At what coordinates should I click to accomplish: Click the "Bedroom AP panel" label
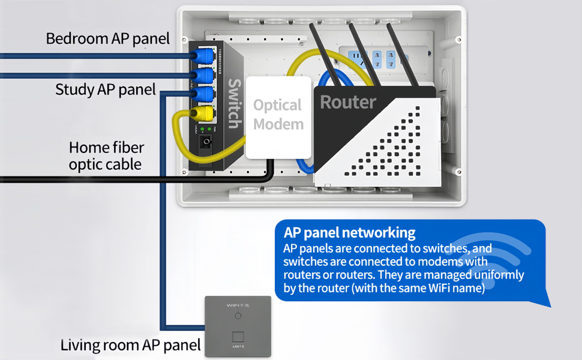[x=108, y=39]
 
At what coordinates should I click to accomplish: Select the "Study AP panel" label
[x=106, y=90]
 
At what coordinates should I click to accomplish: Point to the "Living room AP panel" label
[x=130, y=345]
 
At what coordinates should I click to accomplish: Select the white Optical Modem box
[x=278, y=117]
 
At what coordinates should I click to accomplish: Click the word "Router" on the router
[x=348, y=102]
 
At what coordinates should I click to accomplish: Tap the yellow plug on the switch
[x=206, y=113]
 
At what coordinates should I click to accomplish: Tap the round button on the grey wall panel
[x=238, y=316]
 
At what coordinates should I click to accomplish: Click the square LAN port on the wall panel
[x=238, y=336]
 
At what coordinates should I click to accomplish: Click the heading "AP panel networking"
[x=350, y=233]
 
